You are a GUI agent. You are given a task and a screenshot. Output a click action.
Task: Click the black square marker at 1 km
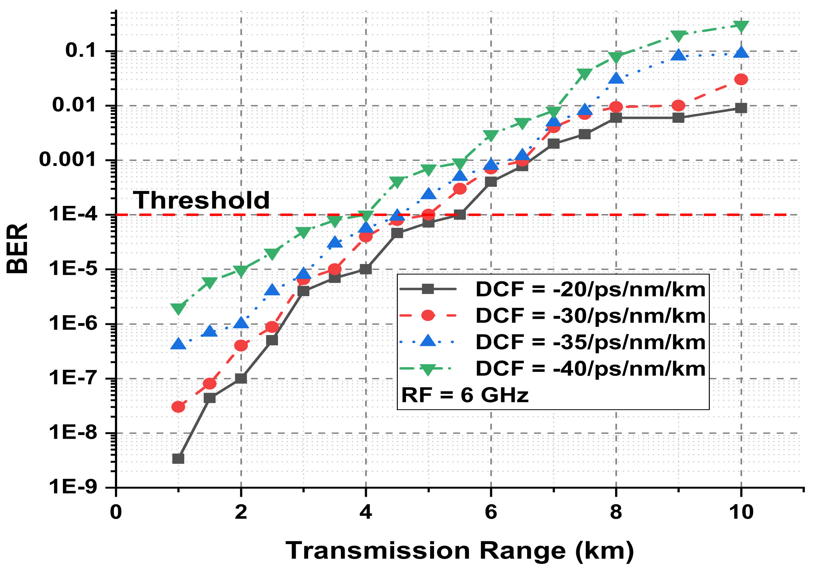coord(178,458)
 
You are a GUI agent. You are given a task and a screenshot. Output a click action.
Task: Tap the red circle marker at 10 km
coord(741,79)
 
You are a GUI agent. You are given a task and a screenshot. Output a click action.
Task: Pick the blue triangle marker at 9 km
coord(678,55)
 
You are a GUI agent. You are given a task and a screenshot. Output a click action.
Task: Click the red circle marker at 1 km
coord(178,407)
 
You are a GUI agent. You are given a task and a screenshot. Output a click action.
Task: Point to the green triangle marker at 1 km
coord(178,308)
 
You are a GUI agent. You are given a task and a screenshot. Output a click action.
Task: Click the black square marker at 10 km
coord(741,108)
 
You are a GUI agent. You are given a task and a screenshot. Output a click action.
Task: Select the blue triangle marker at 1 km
coord(178,344)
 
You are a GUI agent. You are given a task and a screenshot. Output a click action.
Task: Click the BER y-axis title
coord(17,248)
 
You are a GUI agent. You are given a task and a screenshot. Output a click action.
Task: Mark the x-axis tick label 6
coord(491,512)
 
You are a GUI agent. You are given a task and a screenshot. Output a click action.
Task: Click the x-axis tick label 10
coord(741,512)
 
